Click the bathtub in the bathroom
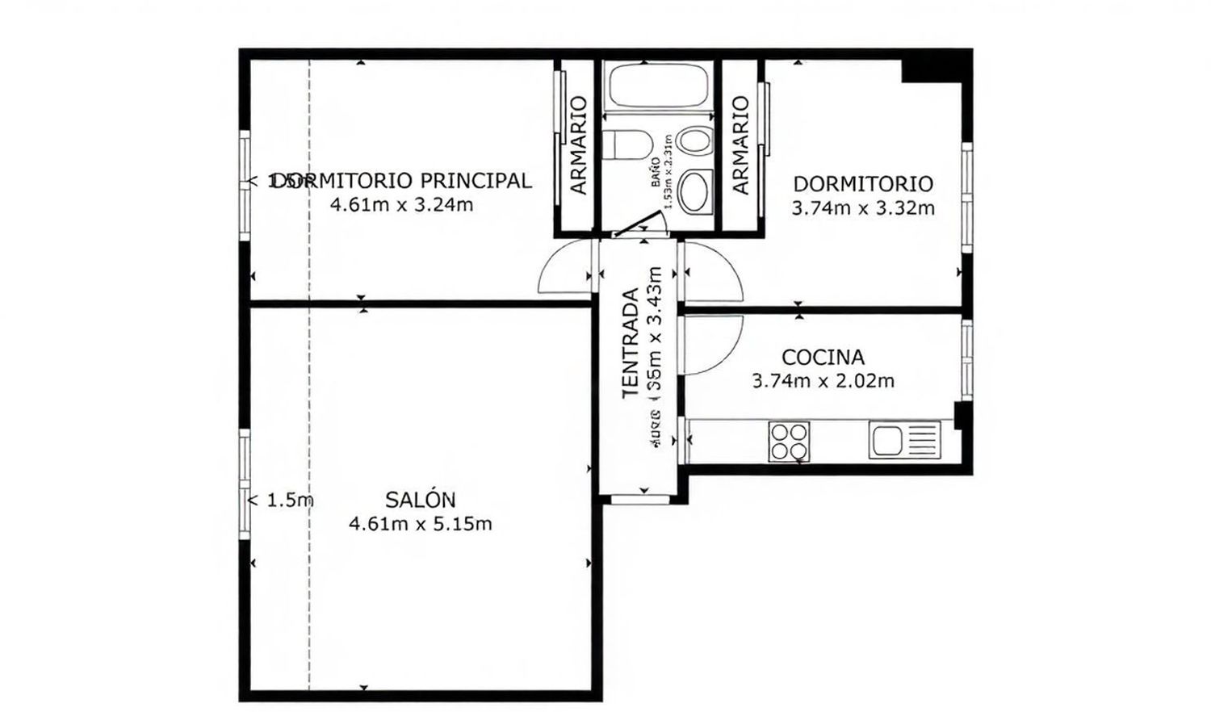[657, 86]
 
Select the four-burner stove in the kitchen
[789, 442]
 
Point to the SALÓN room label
[420, 500]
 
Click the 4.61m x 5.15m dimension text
[420, 524]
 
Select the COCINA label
[823, 357]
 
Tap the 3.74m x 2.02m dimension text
[823, 380]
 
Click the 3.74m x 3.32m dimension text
[862, 208]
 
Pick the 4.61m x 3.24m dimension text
[401, 204]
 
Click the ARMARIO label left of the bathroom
[578, 145]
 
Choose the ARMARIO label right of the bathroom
[740, 145]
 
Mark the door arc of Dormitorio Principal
[562, 268]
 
